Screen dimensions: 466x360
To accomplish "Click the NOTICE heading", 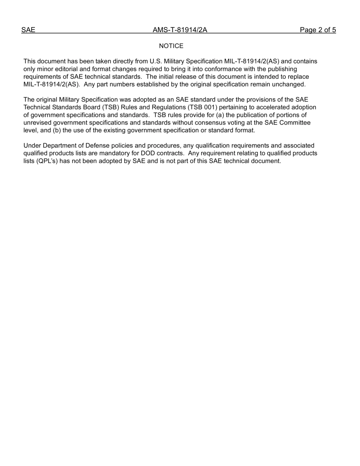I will click(x=171, y=46).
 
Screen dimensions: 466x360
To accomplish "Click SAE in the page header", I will click(x=28, y=30).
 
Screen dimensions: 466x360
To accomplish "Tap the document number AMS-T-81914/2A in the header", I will click(x=180, y=30).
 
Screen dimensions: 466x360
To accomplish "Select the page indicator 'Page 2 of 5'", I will click(x=318, y=30).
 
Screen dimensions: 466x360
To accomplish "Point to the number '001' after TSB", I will click(x=209, y=107).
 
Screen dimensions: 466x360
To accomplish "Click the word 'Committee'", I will click(x=295, y=122).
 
